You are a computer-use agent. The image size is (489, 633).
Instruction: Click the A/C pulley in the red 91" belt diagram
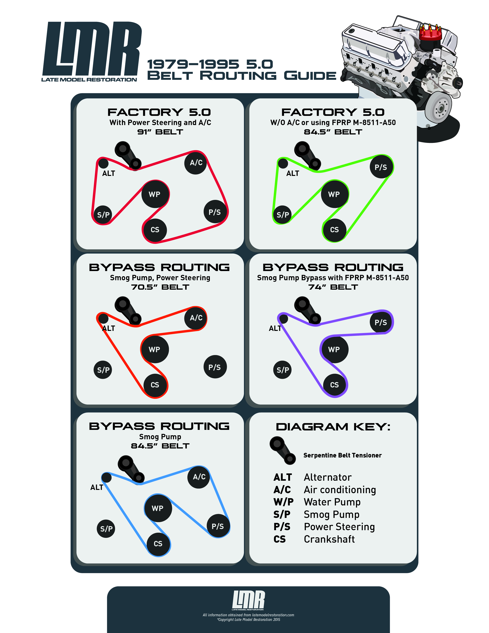pos(196,163)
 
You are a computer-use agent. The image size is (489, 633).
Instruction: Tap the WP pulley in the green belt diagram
pos(334,194)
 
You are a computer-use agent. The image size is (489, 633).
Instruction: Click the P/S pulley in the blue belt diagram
pos(218,526)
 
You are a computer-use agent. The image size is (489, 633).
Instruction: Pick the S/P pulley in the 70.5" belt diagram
pos(103,370)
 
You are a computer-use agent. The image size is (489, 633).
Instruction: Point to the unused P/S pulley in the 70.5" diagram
pos(215,367)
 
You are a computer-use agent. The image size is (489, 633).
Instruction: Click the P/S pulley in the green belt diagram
pos(381,167)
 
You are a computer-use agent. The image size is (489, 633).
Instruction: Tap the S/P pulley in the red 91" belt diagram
pos(103,215)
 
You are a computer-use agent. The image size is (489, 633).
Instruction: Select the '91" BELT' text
pos(160,132)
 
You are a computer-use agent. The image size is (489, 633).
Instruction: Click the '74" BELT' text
pos(333,287)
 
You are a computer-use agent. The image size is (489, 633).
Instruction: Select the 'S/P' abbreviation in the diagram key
pos(282,514)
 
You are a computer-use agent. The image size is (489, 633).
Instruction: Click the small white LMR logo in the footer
pos(248,600)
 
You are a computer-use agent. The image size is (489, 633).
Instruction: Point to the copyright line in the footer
pos(249,620)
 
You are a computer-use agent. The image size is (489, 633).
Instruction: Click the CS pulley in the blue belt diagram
pos(158,544)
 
